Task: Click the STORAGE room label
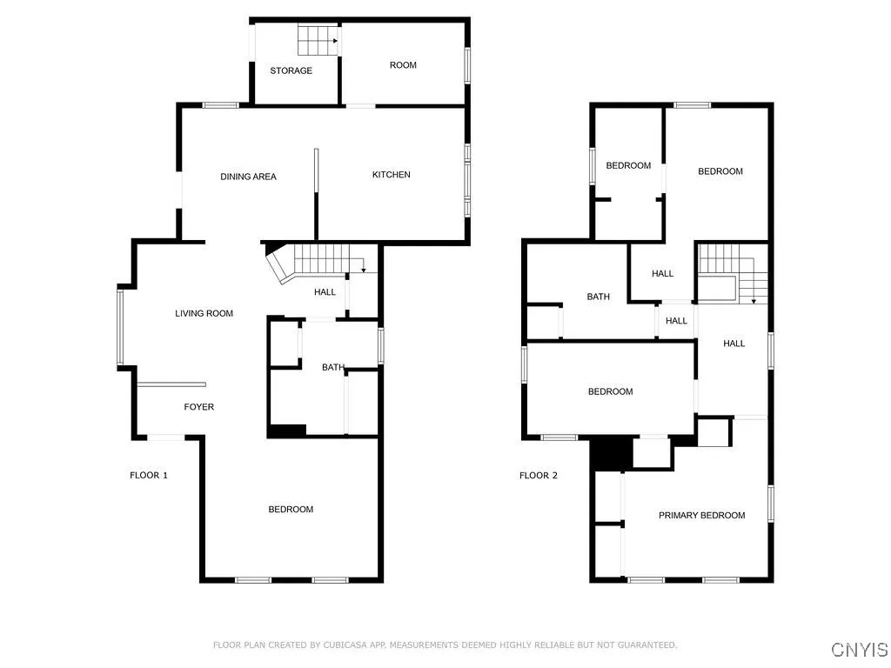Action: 291,70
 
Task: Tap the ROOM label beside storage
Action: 403,65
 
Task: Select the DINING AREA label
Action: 248,177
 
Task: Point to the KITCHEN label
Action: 392,175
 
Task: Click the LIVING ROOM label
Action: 204,313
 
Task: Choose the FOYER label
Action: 198,407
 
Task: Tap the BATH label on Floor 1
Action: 333,367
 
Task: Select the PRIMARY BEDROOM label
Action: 701,515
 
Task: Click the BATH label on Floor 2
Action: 598,297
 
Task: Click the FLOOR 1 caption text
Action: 148,475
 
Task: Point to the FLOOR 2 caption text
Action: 538,475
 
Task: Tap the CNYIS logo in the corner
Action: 859,649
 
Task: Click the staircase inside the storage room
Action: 317,40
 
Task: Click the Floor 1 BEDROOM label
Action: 291,509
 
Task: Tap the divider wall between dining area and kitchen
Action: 317,183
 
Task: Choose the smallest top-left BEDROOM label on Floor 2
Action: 628,165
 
